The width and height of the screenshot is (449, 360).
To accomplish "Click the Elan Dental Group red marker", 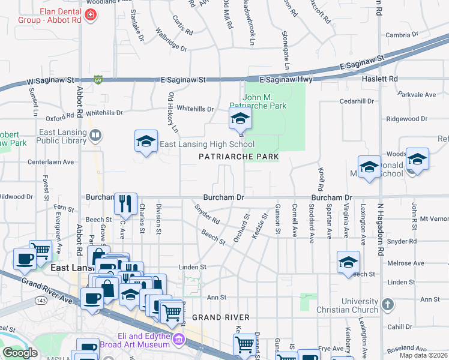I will [x=90, y=15].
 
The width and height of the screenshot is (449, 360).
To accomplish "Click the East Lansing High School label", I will [x=206, y=145].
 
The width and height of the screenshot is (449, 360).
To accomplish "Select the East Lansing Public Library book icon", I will [x=95, y=136].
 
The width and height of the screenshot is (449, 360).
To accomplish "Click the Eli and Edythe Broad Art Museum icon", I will [x=178, y=340].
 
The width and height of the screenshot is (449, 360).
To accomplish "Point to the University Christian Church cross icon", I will [x=387, y=305].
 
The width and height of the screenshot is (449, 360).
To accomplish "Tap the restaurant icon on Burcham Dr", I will [x=125, y=203].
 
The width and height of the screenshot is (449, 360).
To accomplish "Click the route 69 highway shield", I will [x=98, y=79].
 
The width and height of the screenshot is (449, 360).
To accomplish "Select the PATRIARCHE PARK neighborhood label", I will [x=239, y=157].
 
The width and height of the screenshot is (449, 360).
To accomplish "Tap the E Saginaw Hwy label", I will [x=287, y=79].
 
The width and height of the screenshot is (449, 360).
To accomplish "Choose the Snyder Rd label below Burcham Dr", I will [x=207, y=214].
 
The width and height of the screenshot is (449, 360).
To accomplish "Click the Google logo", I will [x=20, y=353].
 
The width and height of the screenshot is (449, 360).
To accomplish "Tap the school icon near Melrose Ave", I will [x=348, y=262].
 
